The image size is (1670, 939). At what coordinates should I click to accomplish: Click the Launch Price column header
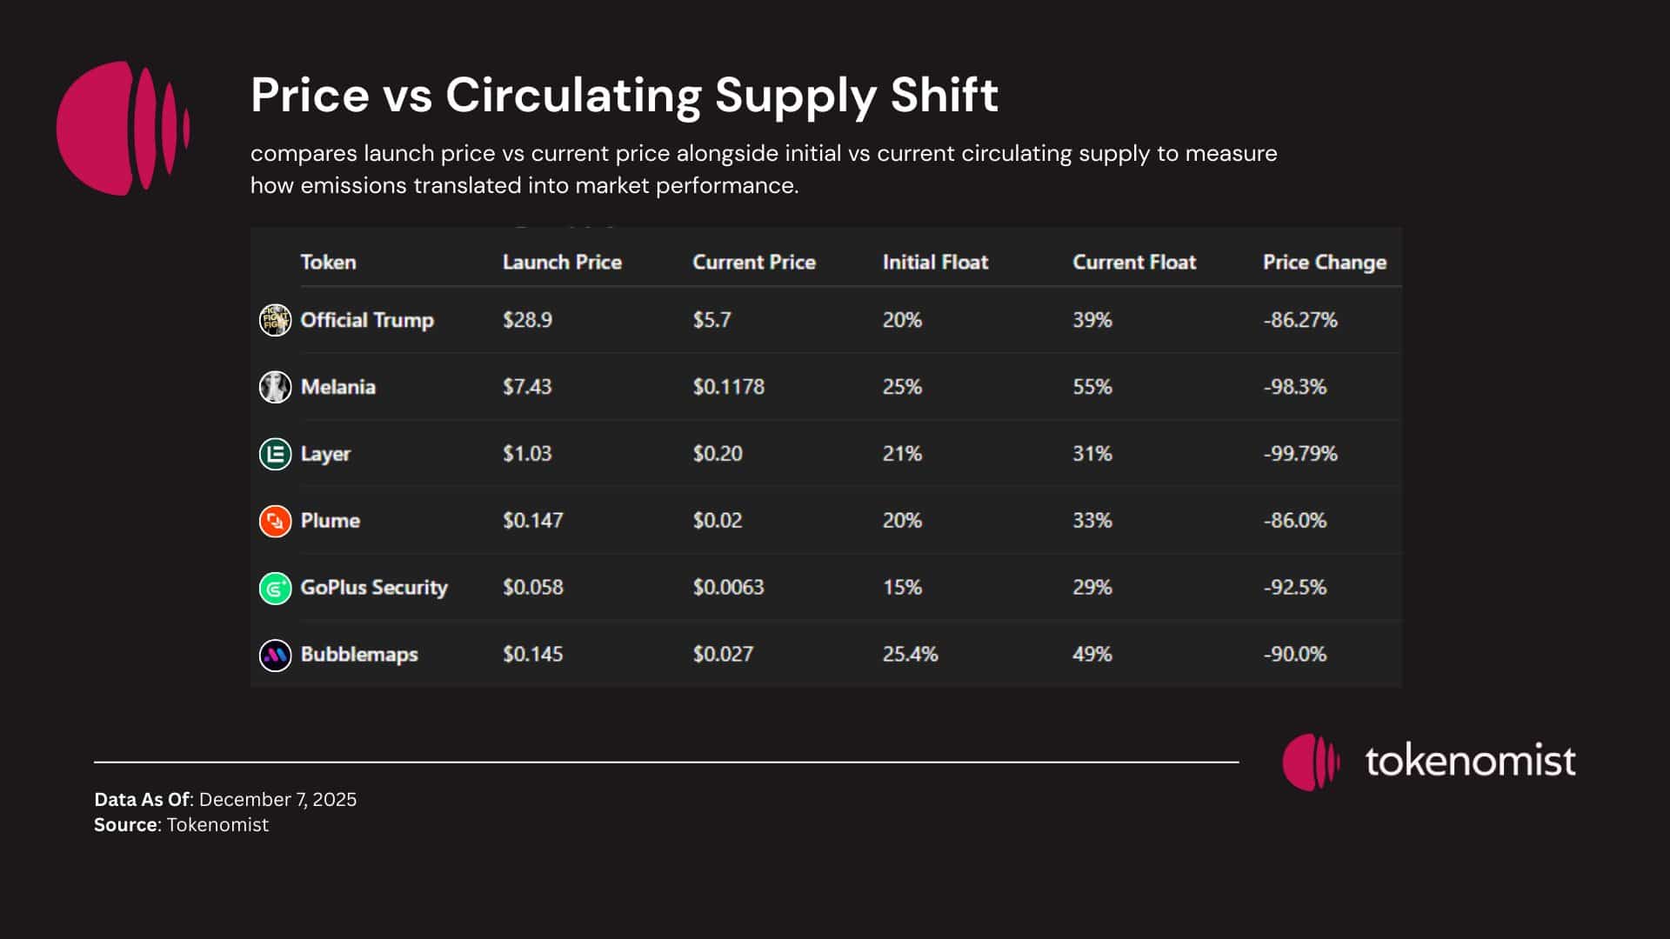562,262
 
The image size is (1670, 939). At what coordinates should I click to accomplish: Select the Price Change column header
1324,262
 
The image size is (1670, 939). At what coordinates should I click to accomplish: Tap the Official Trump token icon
275,320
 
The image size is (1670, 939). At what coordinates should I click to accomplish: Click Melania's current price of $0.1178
728,387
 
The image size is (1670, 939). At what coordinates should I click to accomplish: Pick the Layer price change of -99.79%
1299,454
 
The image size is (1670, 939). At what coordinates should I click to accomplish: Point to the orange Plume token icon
275,521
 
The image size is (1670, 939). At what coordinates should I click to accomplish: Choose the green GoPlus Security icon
275,588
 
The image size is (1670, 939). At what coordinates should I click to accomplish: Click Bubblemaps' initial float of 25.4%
910,654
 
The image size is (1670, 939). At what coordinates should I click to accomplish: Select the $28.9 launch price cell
527,320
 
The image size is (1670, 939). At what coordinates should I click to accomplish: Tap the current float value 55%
1092,387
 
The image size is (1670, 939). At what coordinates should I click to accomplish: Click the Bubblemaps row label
358,654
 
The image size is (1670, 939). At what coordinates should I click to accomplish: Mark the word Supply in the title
795,95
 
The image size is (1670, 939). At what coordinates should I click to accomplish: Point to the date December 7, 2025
277,799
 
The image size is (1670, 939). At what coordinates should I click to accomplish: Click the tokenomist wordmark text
1470,761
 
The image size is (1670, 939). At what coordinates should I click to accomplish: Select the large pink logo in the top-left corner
123,128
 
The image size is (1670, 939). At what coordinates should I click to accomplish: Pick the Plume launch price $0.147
532,521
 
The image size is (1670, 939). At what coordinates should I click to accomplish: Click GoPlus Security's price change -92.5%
1294,588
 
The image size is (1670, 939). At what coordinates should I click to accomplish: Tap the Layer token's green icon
275,454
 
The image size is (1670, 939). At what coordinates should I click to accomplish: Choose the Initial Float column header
935,262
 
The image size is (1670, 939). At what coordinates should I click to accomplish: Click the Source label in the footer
125,824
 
